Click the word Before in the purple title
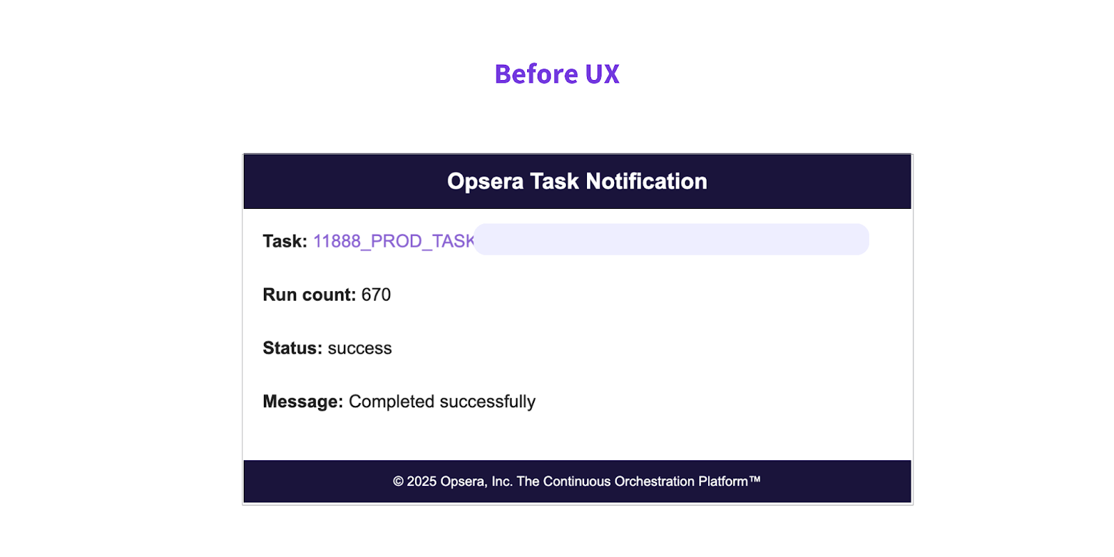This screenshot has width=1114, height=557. pos(536,74)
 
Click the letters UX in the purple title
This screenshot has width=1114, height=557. pos(602,74)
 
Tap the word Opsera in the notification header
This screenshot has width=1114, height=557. pos(485,182)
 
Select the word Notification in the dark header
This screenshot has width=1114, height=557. pos(647,181)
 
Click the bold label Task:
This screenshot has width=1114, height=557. pos(285,241)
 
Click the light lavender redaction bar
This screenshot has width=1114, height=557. pos(671,240)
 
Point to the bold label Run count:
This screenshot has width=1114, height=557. pos(309,295)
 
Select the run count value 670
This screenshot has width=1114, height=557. pos(376,295)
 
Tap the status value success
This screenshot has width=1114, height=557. pos(359,349)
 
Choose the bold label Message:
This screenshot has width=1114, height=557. pos(303,401)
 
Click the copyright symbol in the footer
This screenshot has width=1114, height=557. pos(398,481)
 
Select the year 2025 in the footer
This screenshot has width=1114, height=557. pos(422,481)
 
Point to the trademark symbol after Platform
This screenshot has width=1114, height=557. pos(755,479)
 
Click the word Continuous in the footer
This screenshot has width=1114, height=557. pos(577,481)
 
